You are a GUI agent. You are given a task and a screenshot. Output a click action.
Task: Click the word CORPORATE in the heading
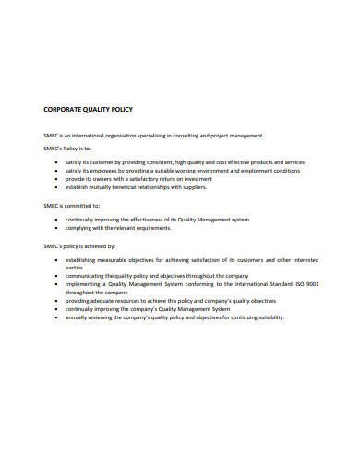62,110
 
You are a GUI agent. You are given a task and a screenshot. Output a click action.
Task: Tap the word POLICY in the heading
121,110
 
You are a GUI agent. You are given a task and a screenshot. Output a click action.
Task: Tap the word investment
193,179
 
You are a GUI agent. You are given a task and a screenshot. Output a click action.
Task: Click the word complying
79,229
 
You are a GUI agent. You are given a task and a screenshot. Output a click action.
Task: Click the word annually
78,317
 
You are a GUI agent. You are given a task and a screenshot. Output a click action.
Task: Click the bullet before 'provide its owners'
57,179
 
